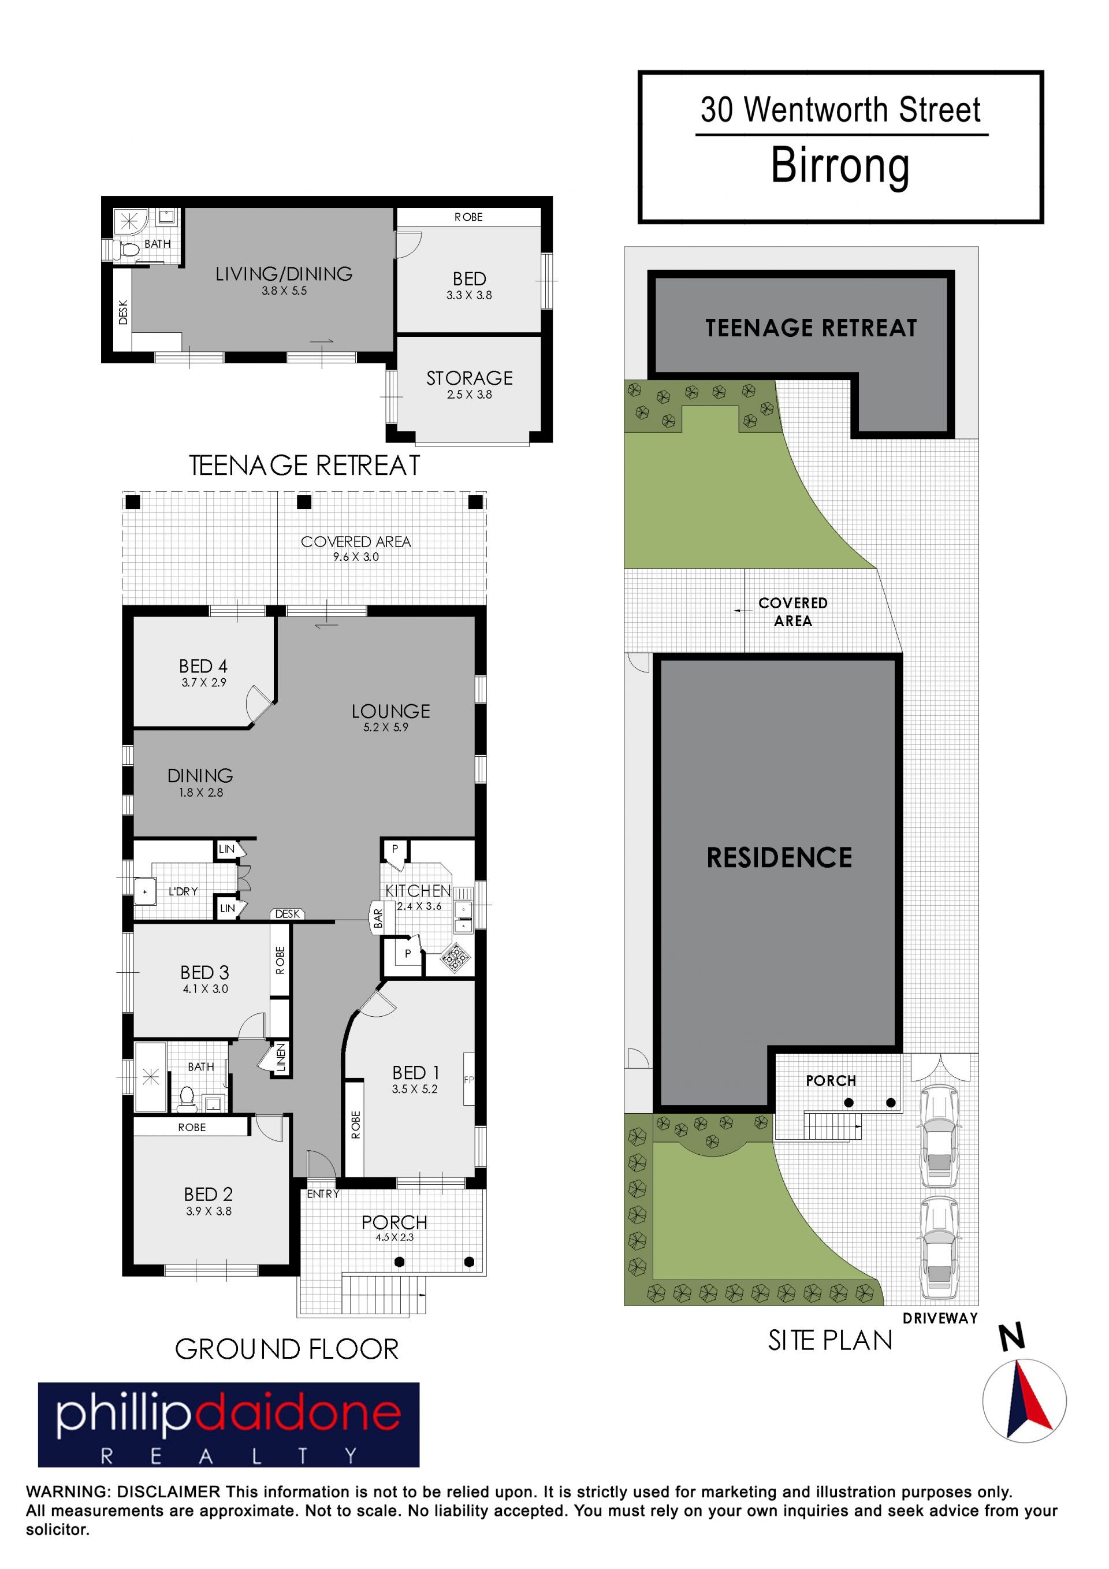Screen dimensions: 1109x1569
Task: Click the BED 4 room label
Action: pos(203,665)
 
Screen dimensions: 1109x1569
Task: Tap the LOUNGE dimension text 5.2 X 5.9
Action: pos(385,727)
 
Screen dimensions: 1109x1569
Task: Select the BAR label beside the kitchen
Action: pos(378,918)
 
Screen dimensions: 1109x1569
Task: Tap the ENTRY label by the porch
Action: pos(322,1194)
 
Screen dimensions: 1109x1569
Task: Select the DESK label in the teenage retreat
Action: pos(123,313)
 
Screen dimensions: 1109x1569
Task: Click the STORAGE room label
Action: pos(470,378)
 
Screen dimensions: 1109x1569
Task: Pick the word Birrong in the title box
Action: pos(840,165)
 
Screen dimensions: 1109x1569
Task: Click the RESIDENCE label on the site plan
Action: pos(779,858)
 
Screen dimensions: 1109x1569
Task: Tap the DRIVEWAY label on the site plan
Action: pos(940,1319)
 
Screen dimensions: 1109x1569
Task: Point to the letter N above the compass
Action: pos(1012,1337)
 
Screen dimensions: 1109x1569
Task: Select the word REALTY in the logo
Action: pos(228,1456)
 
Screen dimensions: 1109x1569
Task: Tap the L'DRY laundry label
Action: pos(183,891)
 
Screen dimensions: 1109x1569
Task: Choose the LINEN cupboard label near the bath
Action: pos(281,1057)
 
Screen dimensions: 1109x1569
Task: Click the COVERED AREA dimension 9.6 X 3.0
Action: pos(355,557)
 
